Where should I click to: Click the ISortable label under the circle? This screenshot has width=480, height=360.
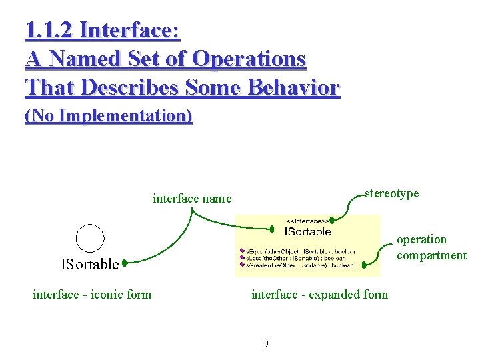pyautogui.click(x=89, y=265)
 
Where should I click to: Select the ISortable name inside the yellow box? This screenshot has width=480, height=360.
pyautogui.click(x=307, y=232)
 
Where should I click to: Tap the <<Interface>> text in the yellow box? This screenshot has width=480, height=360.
pyautogui.click(x=306, y=221)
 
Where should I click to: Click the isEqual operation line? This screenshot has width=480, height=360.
pyautogui.click(x=301, y=251)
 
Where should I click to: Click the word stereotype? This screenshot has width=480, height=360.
pyautogui.click(x=392, y=193)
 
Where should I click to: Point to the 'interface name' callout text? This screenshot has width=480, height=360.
pyautogui.click(x=192, y=198)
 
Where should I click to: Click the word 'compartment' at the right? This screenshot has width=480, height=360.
pyautogui.click(x=431, y=255)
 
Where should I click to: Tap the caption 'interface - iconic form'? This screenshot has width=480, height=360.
pyautogui.click(x=92, y=294)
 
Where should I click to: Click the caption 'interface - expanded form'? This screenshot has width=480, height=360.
pyautogui.click(x=319, y=294)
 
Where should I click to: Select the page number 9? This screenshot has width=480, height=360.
pyautogui.click(x=266, y=344)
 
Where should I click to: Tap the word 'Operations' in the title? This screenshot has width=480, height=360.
pyautogui.click(x=249, y=59)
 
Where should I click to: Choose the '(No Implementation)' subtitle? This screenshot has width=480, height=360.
pyautogui.click(x=109, y=116)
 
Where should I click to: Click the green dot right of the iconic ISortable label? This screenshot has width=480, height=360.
pyautogui.click(x=124, y=263)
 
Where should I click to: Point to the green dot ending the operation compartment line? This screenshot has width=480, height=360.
pyautogui.click(x=363, y=265)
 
